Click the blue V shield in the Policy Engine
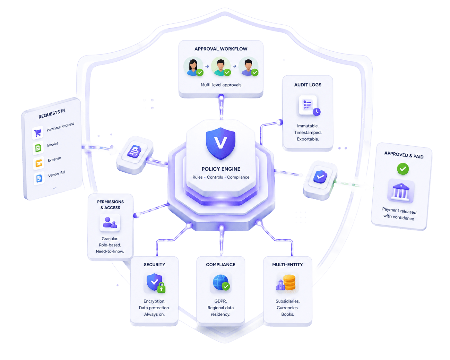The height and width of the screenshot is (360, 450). pos(221,144)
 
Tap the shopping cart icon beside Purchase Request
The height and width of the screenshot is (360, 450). pos(38,133)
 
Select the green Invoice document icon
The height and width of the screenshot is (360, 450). pos(38,148)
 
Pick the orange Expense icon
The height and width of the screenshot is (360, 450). pos(39,163)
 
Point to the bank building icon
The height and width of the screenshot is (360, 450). pos(401,192)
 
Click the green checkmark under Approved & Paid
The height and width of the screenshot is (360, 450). pos(403,169)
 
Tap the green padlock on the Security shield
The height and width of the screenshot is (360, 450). pos(161,287)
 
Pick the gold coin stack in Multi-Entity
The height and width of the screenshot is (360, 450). pos(290,282)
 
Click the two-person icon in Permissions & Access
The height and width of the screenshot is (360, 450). pos(110,222)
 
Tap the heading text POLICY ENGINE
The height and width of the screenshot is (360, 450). pos(221,169)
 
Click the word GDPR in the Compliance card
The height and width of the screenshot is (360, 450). pos(221,301)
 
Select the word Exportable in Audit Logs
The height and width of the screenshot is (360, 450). pos(308,139)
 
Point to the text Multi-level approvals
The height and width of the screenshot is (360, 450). pos(221,85)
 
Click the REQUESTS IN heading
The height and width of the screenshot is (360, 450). pos(52,114)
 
